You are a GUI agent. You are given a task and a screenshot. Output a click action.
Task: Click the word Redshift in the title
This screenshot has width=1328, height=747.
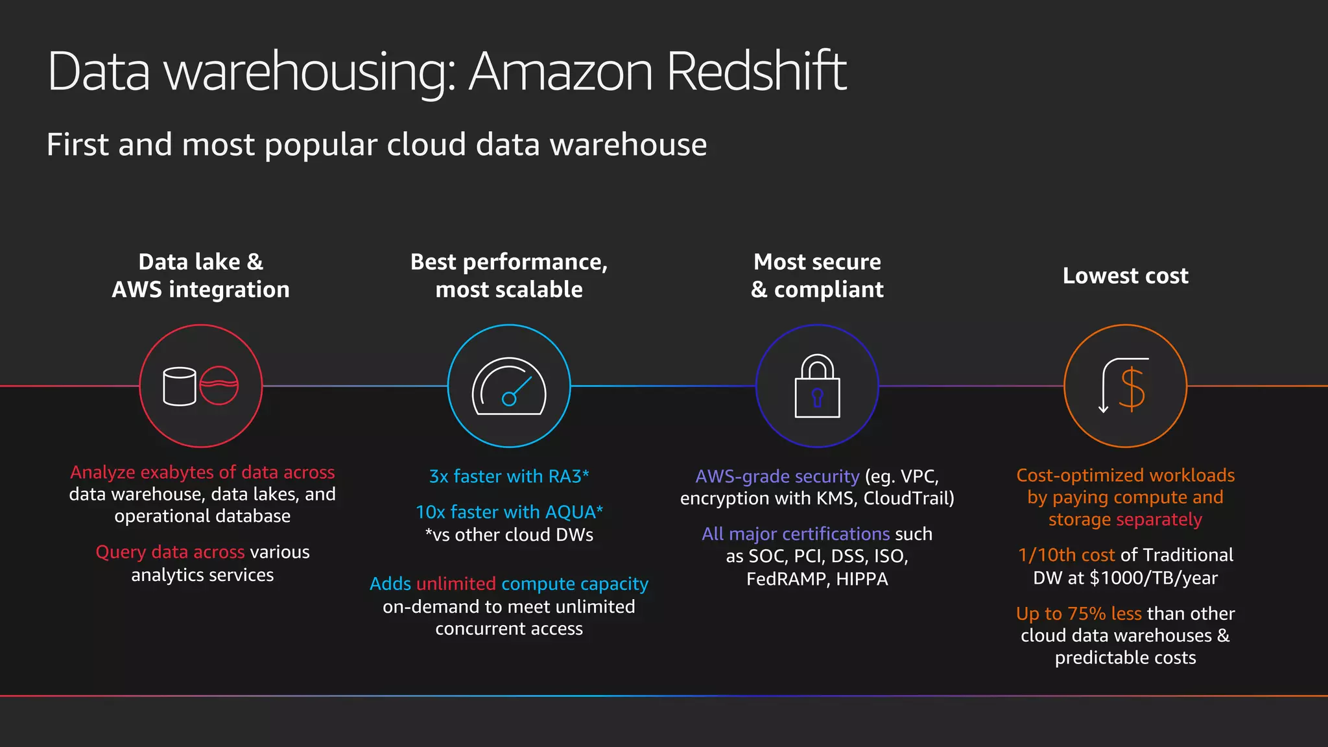[x=756, y=71]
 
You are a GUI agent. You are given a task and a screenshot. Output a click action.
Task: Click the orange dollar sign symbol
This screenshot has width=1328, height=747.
[x=1132, y=389]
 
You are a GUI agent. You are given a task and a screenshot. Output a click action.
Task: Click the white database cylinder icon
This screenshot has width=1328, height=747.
[x=179, y=386]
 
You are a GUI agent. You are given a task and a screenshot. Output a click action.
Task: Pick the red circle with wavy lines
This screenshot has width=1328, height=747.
[x=219, y=385]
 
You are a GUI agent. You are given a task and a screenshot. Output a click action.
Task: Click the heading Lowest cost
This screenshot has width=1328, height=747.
[x=1125, y=276]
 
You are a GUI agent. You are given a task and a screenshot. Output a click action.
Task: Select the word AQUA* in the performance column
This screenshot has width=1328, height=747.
[x=574, y=512]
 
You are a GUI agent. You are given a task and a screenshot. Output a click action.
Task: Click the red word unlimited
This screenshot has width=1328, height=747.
[x=456, y=584]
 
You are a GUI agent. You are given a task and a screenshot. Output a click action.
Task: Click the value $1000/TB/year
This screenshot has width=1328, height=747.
[x=1154, y=578]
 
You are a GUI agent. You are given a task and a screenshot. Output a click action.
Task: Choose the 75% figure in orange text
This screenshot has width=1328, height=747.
[x=1086, y=613]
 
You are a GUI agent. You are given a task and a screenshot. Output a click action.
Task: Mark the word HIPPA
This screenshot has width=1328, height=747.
[x=862, y=579]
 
